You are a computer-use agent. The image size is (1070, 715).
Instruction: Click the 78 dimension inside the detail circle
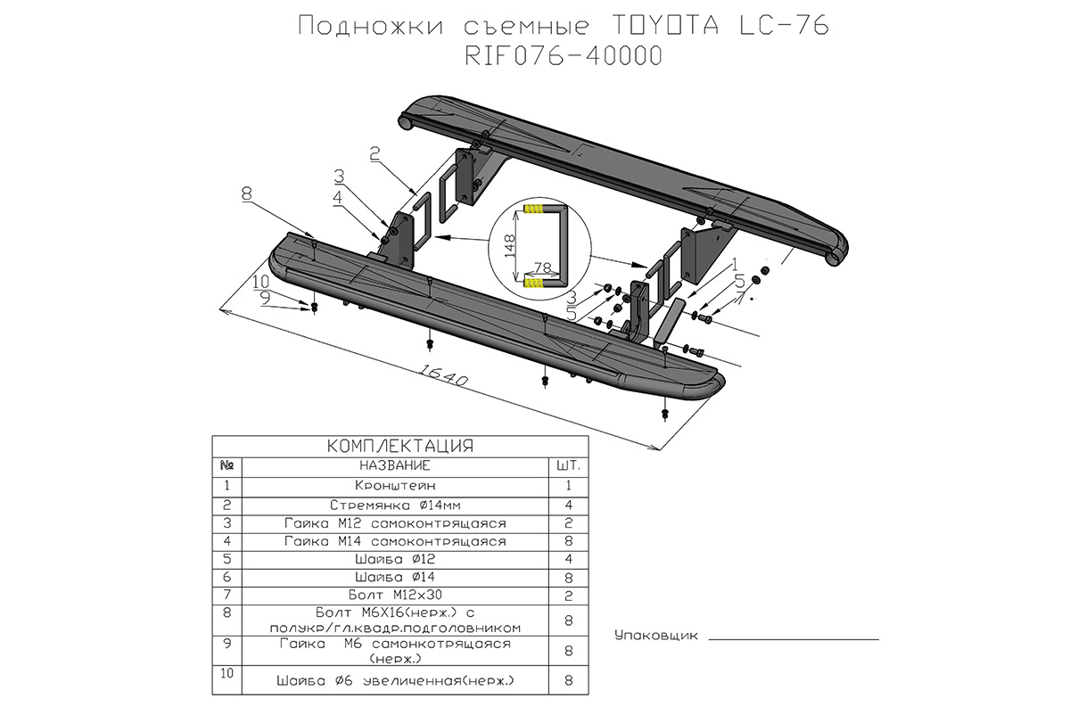[x=541, y=268]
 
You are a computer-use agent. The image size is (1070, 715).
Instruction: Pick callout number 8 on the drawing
[x=246, y=193]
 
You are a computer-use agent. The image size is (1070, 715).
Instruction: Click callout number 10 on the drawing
[x=259, y=282]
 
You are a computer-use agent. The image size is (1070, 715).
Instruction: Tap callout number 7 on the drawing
[x=738, y=295]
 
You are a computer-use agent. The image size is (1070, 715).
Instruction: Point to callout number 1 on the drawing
[x=734, y=264]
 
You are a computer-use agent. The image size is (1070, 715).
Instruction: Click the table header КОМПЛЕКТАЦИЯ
[x=399, y=446]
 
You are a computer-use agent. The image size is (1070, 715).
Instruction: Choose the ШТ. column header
[x=567, y=466]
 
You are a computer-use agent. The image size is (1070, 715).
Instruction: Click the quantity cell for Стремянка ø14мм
[x=567, y=505]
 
